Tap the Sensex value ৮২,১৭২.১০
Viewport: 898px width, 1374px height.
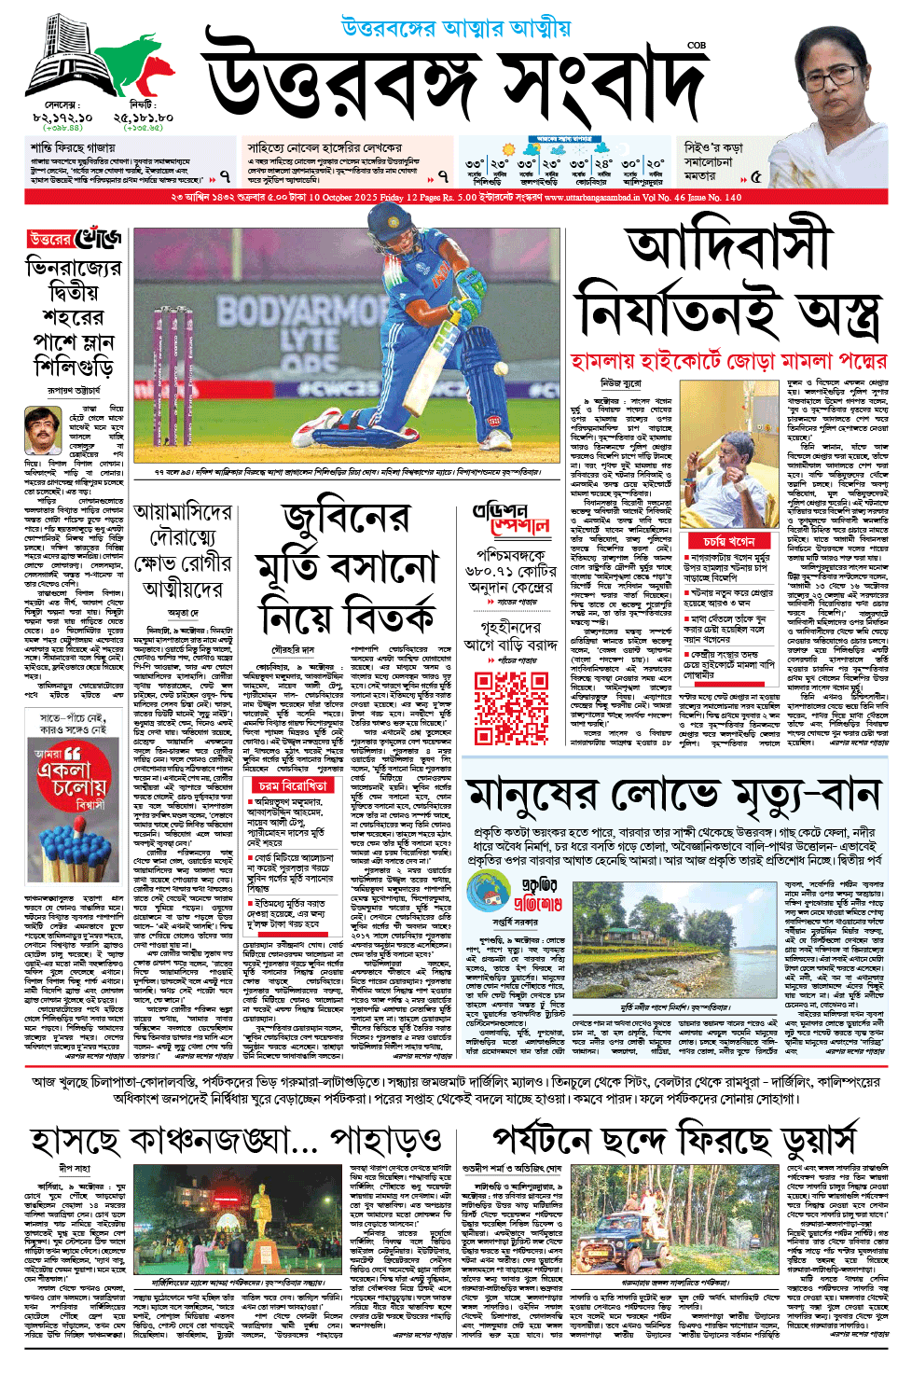62,118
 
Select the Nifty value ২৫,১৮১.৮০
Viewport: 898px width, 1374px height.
144,118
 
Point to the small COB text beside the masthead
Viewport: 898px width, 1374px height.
696,45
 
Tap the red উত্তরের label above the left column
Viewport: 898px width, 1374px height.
49,240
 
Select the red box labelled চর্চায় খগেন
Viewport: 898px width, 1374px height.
728,541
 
